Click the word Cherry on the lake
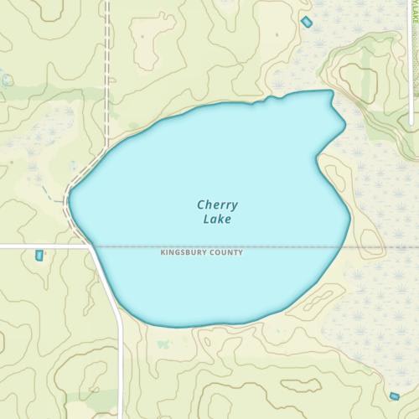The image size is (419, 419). tap(217, 204)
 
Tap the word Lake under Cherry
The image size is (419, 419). tap(216, 220)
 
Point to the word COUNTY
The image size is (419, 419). tap(227, 252)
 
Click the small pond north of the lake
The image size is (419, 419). tap(306, 21)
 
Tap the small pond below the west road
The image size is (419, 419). tap(38, 255)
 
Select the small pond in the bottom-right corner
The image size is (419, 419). tap(394, 396)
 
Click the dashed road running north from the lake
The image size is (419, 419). tap(107, 75)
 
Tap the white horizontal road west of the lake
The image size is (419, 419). tap(42, 246)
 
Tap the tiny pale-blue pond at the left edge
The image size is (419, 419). tap(6, 80)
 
